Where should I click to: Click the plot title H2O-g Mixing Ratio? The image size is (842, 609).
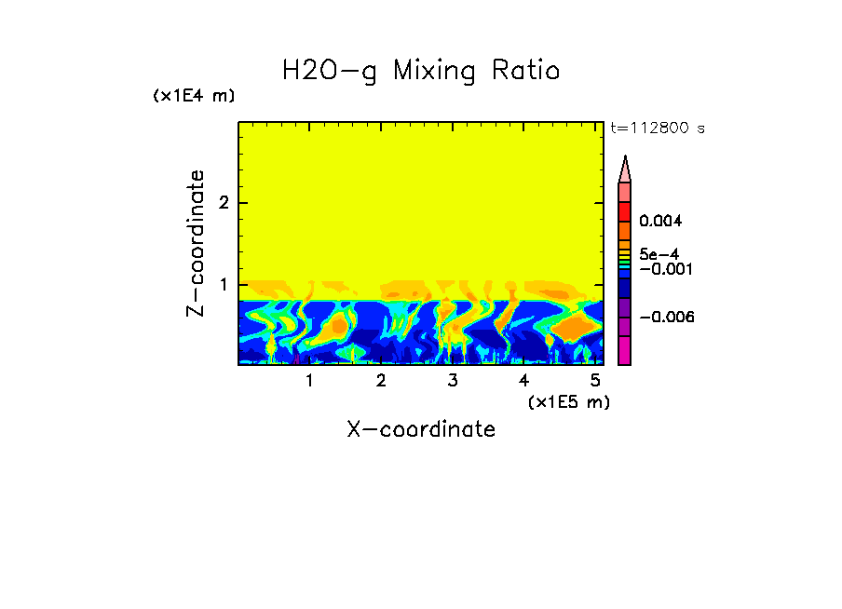(421, 71)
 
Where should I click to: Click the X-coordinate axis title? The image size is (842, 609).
(421, 429)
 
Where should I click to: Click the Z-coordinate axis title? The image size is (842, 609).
(196, 243)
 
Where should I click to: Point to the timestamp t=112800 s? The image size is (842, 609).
(657, 129)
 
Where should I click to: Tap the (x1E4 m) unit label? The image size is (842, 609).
(194, 96)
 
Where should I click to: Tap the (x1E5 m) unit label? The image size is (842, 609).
(568, 401)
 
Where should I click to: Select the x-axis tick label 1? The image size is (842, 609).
(309, 381)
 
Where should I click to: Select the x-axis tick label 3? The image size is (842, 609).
(453, 381)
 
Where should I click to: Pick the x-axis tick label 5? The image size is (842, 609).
(595, 381)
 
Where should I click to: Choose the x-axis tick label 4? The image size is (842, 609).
(523, 381)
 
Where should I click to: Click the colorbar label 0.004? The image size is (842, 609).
(660, 222)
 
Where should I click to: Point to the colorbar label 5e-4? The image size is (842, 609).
(659, 253)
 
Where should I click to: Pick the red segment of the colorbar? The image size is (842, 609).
(625, 210)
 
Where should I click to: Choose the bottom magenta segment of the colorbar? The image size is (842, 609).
(625, 350)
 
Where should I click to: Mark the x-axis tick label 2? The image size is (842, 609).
(381, 381)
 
